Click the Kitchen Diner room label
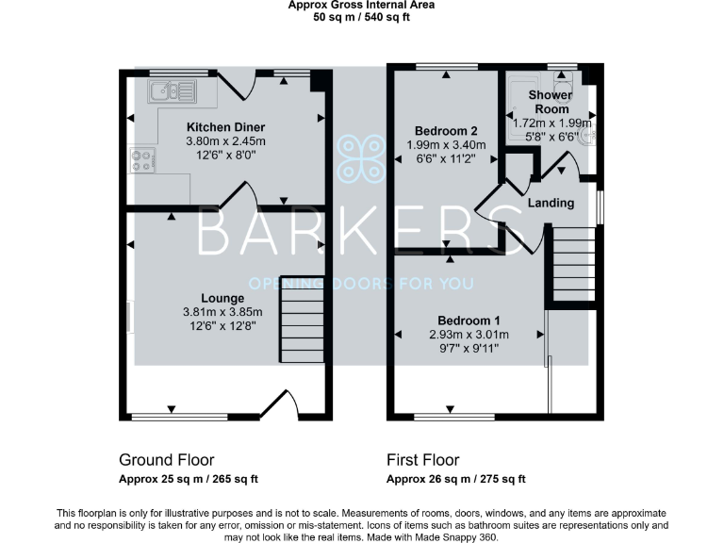coord(225,127)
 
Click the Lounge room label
coord(224,298)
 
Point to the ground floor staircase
coord(302,326)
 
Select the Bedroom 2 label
coord(441,130)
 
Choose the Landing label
coord(550,203)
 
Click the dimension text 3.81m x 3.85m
coord(224,312)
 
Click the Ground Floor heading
coord(166,460)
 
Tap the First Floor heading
coord(423,460)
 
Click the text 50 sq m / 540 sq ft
coord(362,17)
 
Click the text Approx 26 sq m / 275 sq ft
coord(456,480)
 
